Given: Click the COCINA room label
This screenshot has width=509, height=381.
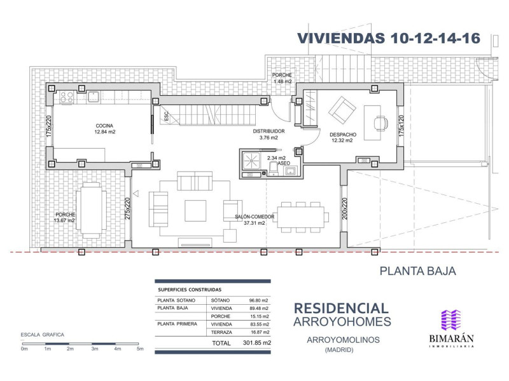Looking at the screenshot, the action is click(x=104, y=126).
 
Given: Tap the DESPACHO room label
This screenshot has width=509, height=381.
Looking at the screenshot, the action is click(x=343, y=135).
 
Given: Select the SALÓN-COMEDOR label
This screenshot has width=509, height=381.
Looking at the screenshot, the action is click(x=254, y=217).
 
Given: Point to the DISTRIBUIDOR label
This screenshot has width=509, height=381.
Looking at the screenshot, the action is click(x=268, y=131).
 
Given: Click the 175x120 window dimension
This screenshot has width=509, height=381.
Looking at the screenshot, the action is click(x=401, y=126).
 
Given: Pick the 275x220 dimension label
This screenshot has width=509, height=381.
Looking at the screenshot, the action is click(x=127, y=209).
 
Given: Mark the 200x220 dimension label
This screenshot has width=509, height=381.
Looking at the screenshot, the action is click(x=344, y=209).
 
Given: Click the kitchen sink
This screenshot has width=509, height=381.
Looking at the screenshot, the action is click(x=93, y=97).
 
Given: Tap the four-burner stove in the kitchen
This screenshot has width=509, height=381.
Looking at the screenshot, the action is click(x=67, y=97).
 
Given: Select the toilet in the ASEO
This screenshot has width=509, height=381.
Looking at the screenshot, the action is click(x=274, y=169).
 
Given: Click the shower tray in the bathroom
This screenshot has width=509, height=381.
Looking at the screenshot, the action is click(x=251, y=161).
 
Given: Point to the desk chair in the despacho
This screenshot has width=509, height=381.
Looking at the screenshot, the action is click(x=380, y=123).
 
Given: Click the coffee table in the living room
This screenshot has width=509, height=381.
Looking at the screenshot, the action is click(x=195, y=211).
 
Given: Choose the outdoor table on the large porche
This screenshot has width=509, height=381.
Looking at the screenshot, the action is click(x=91, y=210).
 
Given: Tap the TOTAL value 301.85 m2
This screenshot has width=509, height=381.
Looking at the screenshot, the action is click(x=257, y=343).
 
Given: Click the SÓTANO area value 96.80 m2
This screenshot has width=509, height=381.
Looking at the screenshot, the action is click(x=259, y=300).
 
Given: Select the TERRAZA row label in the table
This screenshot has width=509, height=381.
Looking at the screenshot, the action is click(x=221, y=332).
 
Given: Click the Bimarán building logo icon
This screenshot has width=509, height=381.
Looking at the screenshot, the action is click(x=451, y=320).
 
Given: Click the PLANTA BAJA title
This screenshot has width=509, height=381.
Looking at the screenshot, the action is click(x=418, y=271).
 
